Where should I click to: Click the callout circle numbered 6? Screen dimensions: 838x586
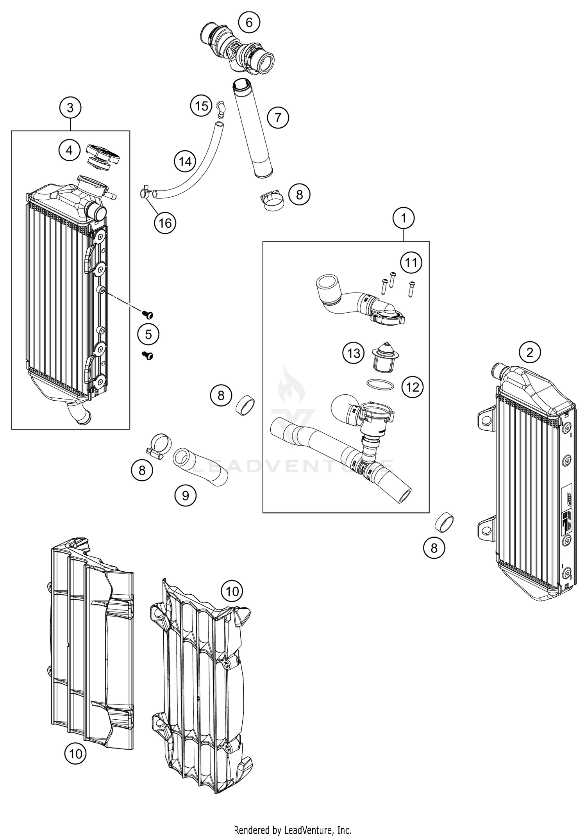249,23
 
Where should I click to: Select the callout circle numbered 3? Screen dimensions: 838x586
70,107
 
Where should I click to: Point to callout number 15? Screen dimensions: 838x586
202,105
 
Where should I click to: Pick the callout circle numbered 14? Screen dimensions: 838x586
185,161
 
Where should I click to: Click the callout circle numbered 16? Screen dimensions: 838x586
165,223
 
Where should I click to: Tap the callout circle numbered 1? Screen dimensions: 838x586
404,218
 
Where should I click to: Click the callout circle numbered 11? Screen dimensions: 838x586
411,263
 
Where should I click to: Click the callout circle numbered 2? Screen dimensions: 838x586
530,353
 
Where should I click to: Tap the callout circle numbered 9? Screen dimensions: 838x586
186,496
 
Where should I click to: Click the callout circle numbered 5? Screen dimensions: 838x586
148,335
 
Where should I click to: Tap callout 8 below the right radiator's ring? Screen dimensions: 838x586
434,548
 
